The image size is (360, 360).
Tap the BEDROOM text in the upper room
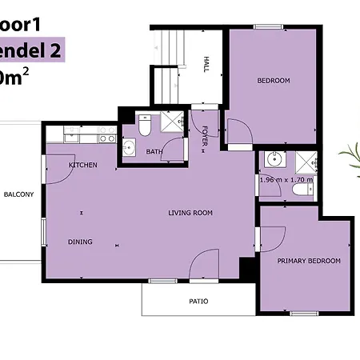pyautogui.click(x=273, y=81)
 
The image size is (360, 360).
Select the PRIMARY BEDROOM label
pyautogui.click(x=309, y=261)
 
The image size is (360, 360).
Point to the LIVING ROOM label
pyautogui.click(x=190, y=213)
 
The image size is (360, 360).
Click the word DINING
pyautogui.click(x=80, y=242)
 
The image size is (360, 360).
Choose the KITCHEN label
pyautogui.click(x=83, y=165)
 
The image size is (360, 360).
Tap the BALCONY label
pyautogui.click(x=18, y=194)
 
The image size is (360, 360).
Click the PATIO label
pyautogui.click(x=198, y=302)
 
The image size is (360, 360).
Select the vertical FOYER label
pyautogui.click(x=205, y=137)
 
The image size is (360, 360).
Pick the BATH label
pyautogui.click(x=154, y=151)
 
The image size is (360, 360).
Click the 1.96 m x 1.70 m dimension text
pyautogui.click(x=286, y=180)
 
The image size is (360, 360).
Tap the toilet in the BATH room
pyautogui.click(x=145, y=126)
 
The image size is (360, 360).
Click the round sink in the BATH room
pyautogui.click(x=130, y=147)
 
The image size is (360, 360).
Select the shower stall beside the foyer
pyautogui.click(x=172, y=122)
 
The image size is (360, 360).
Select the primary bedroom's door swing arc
pyautogui.click(x=272, y=238)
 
